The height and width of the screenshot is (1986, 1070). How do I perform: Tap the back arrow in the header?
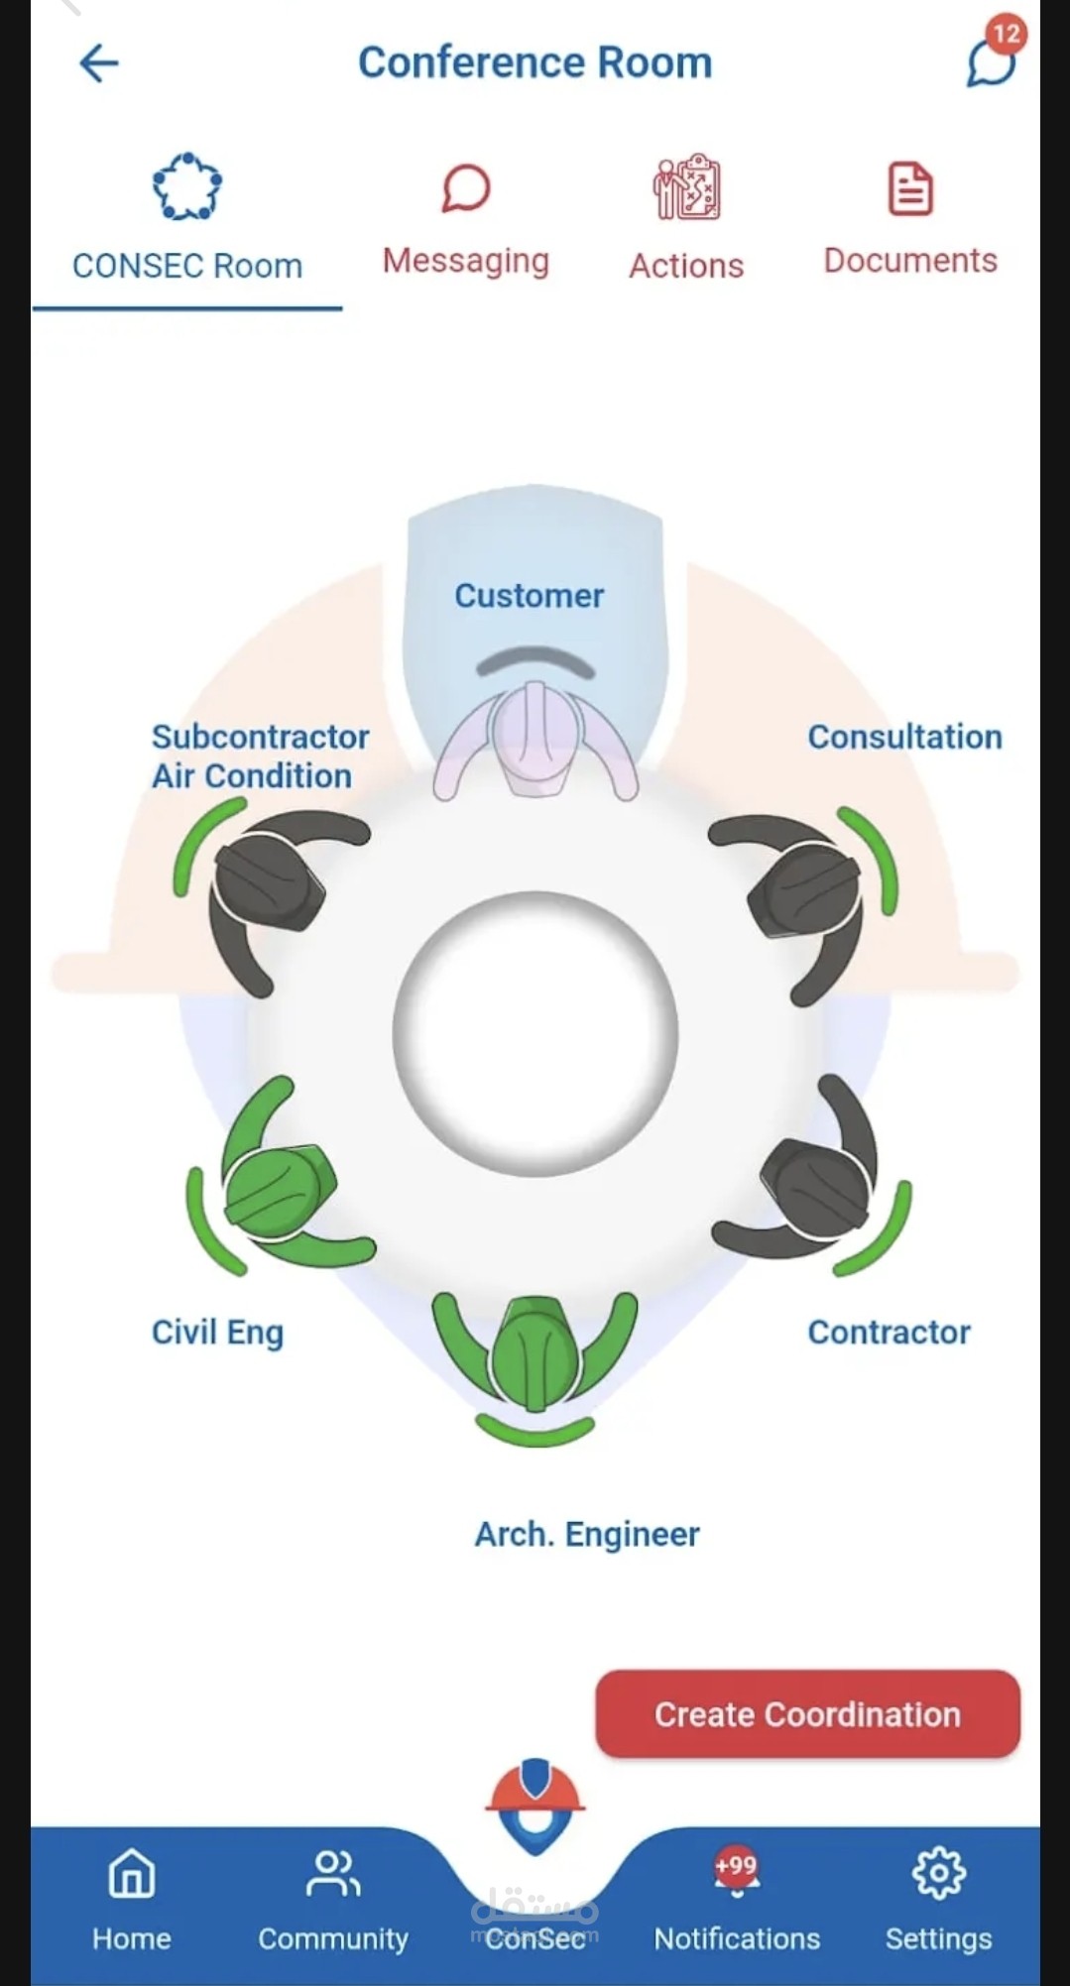point(98,63)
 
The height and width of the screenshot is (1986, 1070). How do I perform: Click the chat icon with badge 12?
point(995,57)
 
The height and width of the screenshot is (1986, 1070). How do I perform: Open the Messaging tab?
point(465,219)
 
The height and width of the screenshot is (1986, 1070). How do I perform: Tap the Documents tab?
point(910,218)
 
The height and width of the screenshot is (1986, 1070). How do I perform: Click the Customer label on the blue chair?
point(529,595)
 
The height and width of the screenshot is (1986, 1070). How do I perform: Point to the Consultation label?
point(904,737)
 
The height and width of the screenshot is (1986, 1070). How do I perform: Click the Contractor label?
point(889,1332)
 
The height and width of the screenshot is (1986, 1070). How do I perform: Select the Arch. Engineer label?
point(587,1534)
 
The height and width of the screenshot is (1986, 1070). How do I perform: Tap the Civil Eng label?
point(217,1333)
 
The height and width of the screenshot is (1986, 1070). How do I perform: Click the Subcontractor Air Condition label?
point(260,756)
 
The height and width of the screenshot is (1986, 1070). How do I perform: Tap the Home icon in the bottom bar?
point(131,1873)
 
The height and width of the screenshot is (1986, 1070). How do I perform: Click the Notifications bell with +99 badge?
point(736,1874)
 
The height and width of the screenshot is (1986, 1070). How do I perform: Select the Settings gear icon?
point(938,1873)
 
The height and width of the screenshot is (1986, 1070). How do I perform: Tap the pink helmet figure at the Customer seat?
point(535,739)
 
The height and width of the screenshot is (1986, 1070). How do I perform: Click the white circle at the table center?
point(535,1033)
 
